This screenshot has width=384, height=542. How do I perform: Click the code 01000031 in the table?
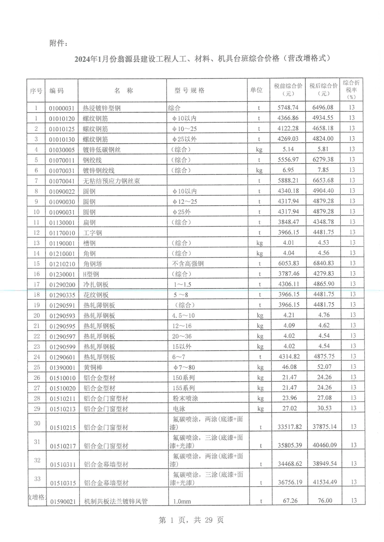point(62,108)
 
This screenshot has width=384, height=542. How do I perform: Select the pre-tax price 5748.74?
point(288,107)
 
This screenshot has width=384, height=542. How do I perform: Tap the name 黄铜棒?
point(93,367)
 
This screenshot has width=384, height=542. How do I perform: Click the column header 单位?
point(256,90)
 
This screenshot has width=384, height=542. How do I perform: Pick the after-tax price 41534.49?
point(325,482)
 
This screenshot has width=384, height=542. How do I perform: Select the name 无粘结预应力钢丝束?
point(112,181)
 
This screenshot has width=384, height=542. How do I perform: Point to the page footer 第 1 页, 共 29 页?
point(191,520)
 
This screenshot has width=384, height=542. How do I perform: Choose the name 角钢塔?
point(93,264)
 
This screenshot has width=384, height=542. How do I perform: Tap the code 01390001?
point(62,368)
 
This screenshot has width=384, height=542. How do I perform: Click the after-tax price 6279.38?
point(323,159)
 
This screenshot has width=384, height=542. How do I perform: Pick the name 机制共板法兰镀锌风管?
point(116,502)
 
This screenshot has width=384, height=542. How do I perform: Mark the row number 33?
point(37,479)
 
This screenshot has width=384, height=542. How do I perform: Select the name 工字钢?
point(93,233)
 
